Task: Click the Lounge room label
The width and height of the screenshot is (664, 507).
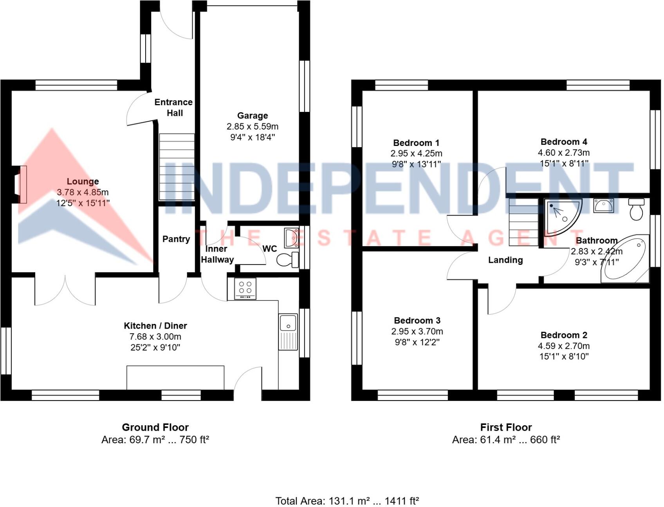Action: pyautogui.click(x=83, y=182)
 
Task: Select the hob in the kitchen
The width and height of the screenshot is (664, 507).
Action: pyautogui.click(x=245, y=288)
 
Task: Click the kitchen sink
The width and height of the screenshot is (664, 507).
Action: pyautogui.click(x=288, y=331)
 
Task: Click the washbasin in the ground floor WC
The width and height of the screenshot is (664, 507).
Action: pyautogui.click(x=291, y=237)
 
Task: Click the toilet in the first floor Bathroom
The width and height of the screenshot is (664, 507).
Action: pyautogui.click(x=636, y=209)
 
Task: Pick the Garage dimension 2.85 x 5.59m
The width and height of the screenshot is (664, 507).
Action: pyautogui.click(x=253, y=126)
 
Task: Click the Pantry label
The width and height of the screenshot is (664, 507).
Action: pyautogui.click(x=176, y=239)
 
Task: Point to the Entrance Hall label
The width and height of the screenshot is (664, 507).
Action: pyautogui.click(x=174, y=108)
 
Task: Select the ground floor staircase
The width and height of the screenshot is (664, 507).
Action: pyautogui.click(x=177, y=167)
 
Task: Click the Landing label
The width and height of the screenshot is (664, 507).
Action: pyautogui.click(x=505, y=260)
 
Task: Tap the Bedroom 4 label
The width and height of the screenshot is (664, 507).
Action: pyautogui.click(x=564, y=142)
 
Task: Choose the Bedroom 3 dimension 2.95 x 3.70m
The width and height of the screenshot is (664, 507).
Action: pyautogui.click(x=417, y=331)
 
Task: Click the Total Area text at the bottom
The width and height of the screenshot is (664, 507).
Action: pyautogui.click(x=347, y=501)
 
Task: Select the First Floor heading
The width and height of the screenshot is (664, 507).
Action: pyautogui.click(x=506, y=427)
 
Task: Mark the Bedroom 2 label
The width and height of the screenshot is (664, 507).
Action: pyautogui.click(x=564, y=335)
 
